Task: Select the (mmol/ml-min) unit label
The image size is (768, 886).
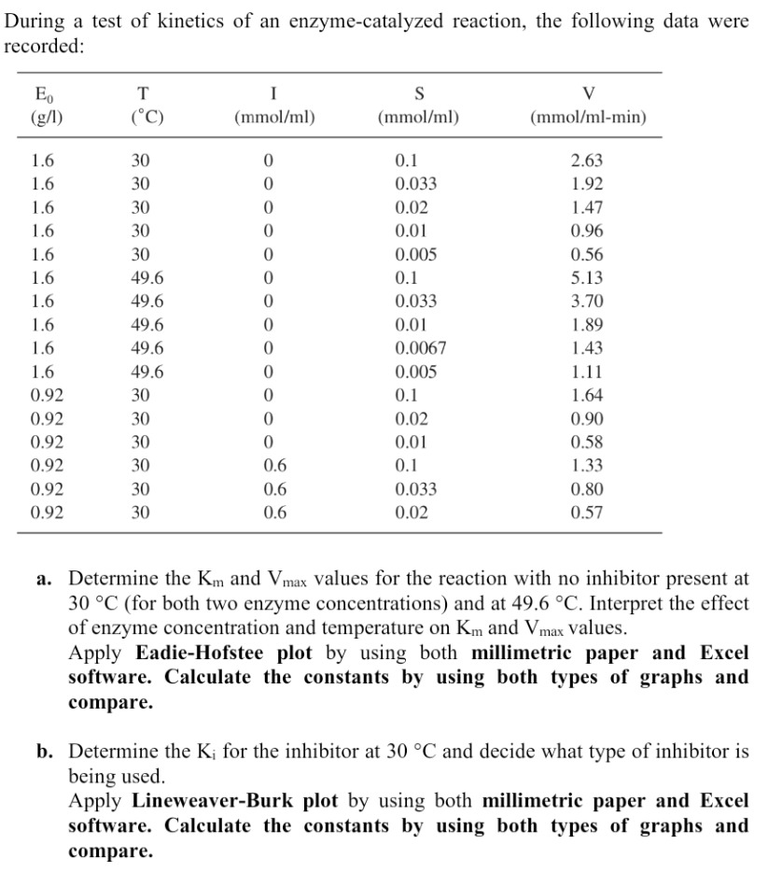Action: click(x=588, y=119)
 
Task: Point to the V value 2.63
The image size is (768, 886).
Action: click(x=587, y=161)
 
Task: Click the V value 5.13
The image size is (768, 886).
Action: click(x=587, y=277)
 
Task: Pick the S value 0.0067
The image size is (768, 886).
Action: click(x=421, y=348)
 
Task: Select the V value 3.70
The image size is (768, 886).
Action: click(x=587, y=301)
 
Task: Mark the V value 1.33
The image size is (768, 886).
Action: click(x=587, y=465)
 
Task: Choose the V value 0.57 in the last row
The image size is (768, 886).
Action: click(x=587, y=512)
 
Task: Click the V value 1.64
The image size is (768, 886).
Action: click(x=587, y=395)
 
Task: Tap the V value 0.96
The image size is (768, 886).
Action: click(x=587, y=231)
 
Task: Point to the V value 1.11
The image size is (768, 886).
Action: click(x=587, y=372)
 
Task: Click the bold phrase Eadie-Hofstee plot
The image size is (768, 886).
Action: click(x=223, y=653)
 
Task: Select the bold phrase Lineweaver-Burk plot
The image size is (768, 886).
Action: click(x=235, y=800)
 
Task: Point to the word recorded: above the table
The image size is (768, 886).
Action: click(x=44, y=46)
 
